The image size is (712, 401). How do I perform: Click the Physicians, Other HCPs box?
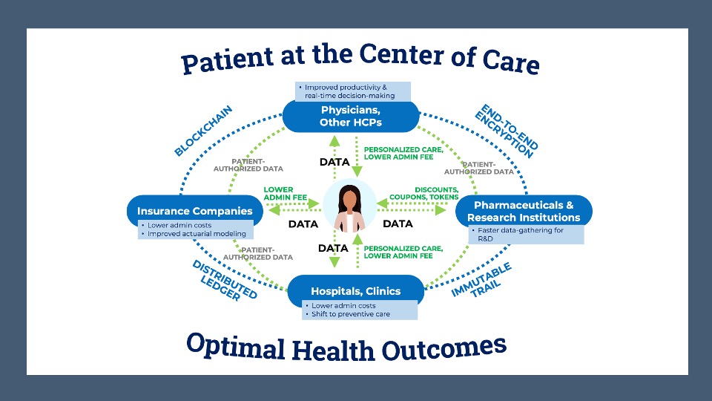[x=351, y=116]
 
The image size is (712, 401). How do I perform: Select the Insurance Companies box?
[x=194, y=211]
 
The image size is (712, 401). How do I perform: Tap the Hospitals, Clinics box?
[x=355, y=291]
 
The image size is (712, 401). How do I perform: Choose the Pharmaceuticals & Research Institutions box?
[x=524, y=211]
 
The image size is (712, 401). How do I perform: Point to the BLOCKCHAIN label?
[x=203, y=130]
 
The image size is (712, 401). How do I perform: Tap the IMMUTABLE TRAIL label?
[x=484, y=281]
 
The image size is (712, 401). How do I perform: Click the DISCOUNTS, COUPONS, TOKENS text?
[x=423, y=193]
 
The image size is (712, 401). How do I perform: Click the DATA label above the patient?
[x=334, y=162]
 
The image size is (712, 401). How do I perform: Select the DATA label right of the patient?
[x=398, y=224]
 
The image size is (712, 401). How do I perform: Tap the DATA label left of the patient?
[x=303, y=224]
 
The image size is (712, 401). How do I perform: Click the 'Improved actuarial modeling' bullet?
[x=196, y=234]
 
